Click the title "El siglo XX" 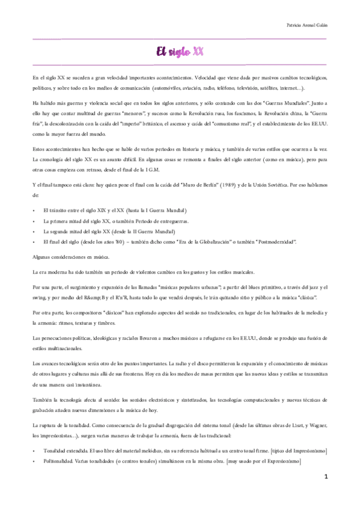tap(180, 52)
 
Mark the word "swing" tap(42, 298)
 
